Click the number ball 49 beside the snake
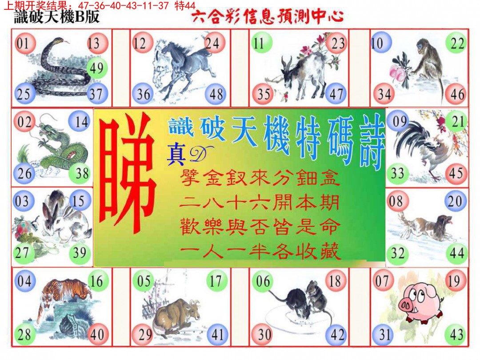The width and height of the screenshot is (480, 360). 96,68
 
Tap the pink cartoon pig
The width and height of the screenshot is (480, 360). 420,304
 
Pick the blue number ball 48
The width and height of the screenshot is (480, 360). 216,94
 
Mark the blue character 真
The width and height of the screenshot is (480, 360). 176,156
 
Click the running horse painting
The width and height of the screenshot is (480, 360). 180,67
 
